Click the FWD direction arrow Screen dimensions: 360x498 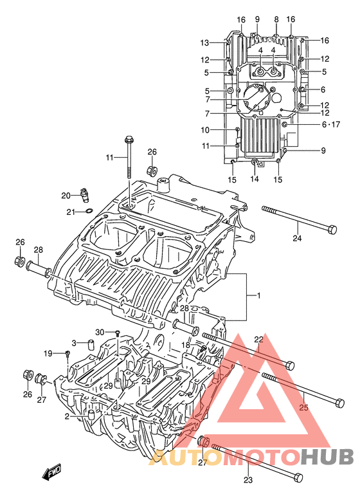51,472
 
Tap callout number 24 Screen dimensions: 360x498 297,237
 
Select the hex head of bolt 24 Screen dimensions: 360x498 332,229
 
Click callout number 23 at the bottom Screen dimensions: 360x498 248,479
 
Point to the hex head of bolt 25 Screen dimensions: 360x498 339,403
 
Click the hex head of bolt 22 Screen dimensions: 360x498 289,365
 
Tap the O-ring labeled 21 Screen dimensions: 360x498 90,210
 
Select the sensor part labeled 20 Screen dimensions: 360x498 85,195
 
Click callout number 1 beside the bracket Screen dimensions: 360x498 258,296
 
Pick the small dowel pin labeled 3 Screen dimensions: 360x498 92,344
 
